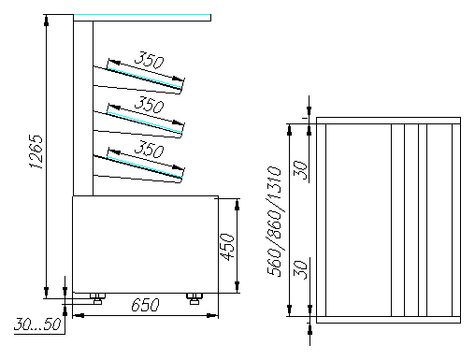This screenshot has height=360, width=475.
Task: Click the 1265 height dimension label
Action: tap(36, 151)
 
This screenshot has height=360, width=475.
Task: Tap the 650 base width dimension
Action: tap(145, 305)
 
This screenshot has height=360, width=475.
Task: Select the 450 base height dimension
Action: tap(227, 247)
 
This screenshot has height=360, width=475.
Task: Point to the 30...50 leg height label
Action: tap(37, 324)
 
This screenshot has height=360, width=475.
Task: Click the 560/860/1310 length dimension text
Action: tap(274, 222)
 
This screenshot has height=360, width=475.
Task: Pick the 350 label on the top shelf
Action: tap(149, 60)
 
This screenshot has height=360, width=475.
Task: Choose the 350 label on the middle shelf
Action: tap(149, 105)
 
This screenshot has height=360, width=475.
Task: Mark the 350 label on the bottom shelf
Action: tap(149, 149)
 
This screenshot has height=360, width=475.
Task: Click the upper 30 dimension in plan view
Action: tap(301, 170)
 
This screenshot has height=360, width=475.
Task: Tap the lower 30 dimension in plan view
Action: tap(301, 269)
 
